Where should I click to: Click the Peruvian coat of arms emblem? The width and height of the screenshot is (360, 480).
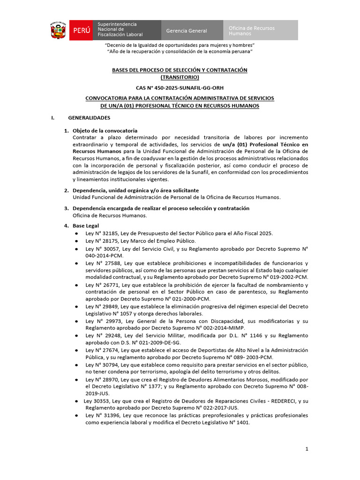59,30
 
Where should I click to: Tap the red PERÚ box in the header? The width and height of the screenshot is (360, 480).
81,30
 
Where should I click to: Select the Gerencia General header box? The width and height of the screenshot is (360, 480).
187,30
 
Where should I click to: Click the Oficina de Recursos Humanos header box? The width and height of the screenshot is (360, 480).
259,30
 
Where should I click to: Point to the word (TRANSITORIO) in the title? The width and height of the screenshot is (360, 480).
180,77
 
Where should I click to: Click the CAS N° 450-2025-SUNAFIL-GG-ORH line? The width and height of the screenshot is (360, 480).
180,88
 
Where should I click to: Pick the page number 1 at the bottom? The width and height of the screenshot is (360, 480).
307,449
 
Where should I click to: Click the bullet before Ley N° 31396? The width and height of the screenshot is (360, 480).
76,415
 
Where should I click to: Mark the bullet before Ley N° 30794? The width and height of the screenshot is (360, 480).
76,365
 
